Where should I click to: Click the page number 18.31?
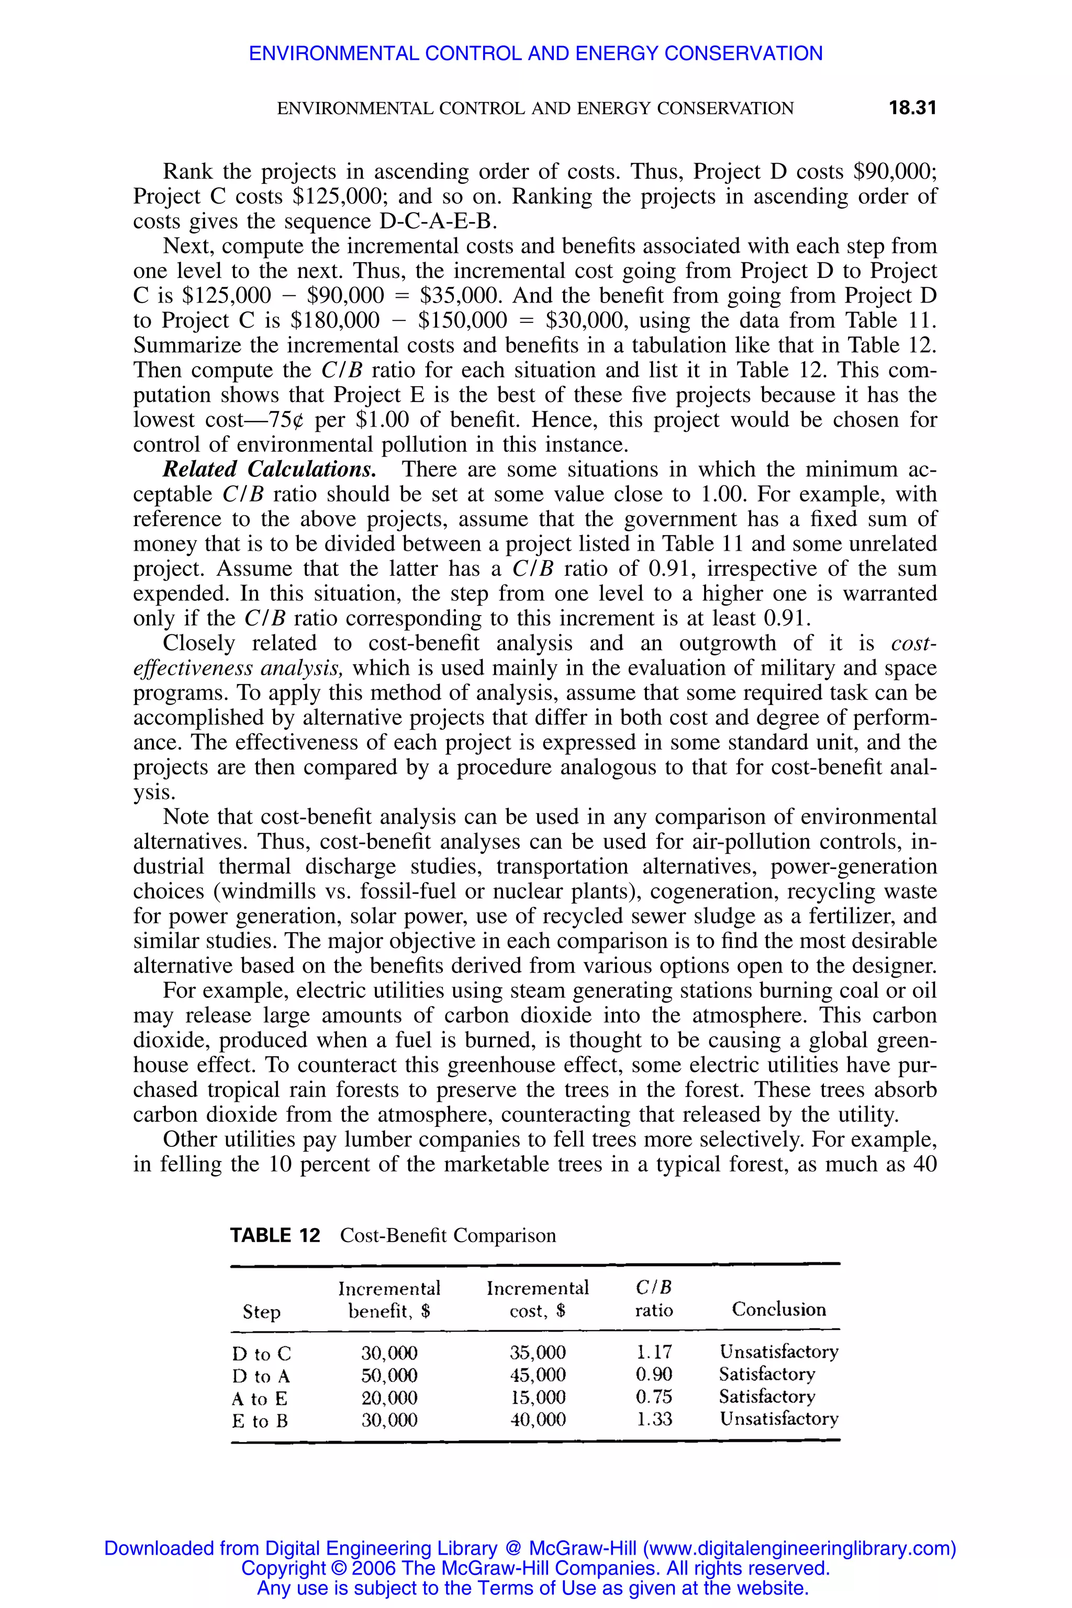pos(911,108)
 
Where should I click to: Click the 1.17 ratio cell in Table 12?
pos(654,1352)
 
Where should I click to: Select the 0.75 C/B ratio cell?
pos(654,1396)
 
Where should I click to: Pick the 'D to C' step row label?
pos(261,1354)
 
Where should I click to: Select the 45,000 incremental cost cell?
pos(538,1374)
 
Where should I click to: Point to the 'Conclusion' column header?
pos(779,1309)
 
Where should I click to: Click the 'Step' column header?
pos(262,1312)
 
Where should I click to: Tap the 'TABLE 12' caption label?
pos(275,1235)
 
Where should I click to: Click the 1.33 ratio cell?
pos(654,1420)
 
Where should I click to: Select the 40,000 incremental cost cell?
pos(538,1420)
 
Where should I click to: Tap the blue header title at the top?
pos(535,53)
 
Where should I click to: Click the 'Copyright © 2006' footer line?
pos(535,1568)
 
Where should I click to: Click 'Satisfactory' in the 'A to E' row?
pos(766,1396)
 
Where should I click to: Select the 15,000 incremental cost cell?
pos(538,1397)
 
